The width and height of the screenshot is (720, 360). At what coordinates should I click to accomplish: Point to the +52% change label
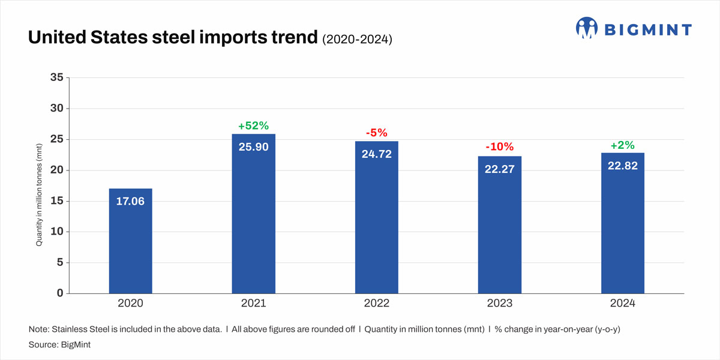pos(253,126)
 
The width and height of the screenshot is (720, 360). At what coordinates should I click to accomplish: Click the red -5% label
pos(376,133)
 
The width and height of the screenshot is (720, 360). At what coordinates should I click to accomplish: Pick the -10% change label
pos(499,147)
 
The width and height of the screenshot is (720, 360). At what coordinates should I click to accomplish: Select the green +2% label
pos(622,145)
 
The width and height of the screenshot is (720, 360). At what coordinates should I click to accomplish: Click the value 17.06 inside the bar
pos(130,202)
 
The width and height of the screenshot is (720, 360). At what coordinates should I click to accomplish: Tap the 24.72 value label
pos(376,154)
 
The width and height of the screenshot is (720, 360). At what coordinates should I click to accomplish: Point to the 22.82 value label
pos(622,166)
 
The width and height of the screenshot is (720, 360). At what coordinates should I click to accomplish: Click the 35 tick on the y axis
pos(56,78)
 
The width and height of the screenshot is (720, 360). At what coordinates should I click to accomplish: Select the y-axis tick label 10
pos(56,232)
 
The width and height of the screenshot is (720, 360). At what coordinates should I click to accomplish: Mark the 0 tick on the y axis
pos(59,293)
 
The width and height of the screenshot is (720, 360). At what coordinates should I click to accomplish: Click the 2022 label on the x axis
pos(376,304)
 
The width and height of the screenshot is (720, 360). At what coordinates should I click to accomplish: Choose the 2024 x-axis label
pos(622,304)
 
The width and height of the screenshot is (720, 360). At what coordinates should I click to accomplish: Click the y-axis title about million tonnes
pos(40,195)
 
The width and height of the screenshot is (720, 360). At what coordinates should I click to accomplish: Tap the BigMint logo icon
pos(587,28)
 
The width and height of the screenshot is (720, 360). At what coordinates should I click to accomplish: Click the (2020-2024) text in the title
pos(357,40)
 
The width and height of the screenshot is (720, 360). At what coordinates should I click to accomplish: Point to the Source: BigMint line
pos(56,346)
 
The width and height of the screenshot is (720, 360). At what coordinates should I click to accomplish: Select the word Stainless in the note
pos(69,330)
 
